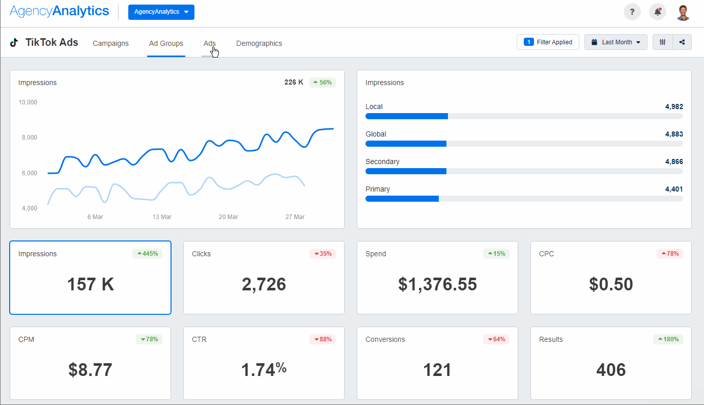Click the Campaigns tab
[x=110, y=43]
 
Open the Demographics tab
[x=259, y=43]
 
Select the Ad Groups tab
[x=166, y=43]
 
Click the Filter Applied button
[x=548, y=42]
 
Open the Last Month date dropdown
[x=616, y=42]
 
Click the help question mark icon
[x=632, y=12]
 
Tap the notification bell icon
[x=658, y=12]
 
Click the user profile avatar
[x=683, y=12]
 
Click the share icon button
[x=682, y=42]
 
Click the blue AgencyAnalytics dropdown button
[x=161, y=12]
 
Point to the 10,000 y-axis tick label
[x=28, y=102]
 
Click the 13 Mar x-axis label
[x=162, y=217]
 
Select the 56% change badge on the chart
[x=323, y=83]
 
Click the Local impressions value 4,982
[x=674, y=106]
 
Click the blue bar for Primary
[x=402, y=199]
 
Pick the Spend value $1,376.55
[x=437, y=284]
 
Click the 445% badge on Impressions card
[x=148, y=254]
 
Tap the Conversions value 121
[x=437, y=370]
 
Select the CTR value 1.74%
[x=264, y=370]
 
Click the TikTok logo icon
[x=14, y=43]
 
